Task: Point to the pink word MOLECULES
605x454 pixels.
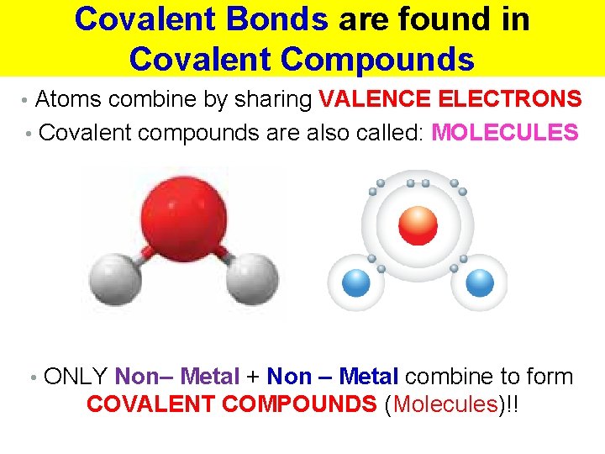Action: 505,133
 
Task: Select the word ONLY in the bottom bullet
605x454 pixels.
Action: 76,377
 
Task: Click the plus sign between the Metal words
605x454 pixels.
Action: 253,377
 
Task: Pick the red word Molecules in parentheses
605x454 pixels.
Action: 445,404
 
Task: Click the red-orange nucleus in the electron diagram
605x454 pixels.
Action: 418,224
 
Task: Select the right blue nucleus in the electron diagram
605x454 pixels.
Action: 480,282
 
